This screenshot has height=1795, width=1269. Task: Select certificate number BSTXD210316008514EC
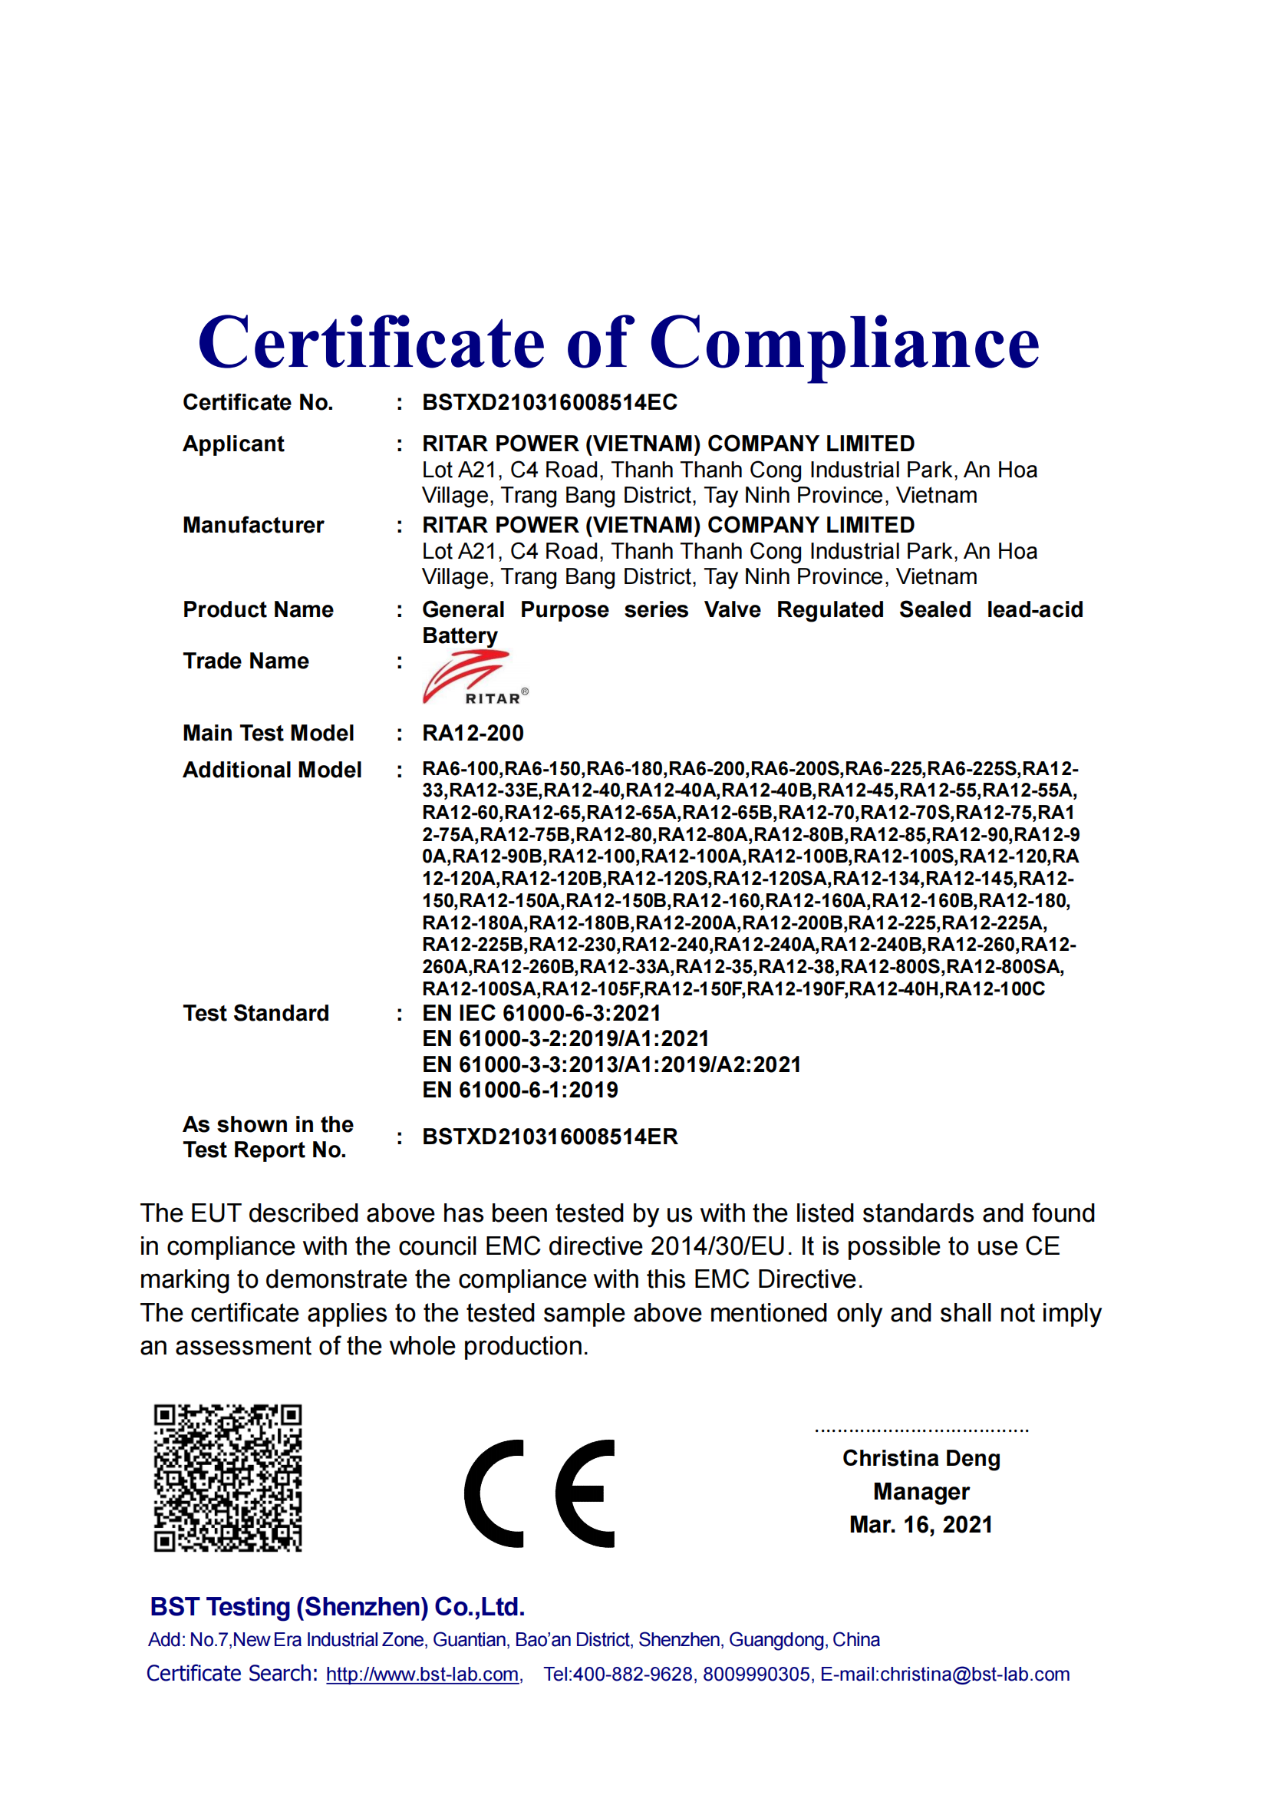[549, 403]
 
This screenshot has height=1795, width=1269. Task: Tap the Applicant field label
[233, 444]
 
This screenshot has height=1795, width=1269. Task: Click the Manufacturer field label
[253, 526]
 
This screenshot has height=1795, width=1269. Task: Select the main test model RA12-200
[473, 734]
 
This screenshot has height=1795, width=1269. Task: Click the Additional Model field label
[272, 770]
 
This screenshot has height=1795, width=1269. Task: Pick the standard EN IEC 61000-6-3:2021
[542, 1013]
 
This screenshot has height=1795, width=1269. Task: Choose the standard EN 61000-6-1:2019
[519, 1090]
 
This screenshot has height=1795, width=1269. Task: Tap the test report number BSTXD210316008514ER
[549, 1137]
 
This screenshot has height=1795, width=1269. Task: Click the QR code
[227, 1477]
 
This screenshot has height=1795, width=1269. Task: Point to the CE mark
[539, 1493]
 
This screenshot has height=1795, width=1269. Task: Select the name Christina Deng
[921, 1458]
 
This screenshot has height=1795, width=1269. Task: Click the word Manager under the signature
[921, 1492]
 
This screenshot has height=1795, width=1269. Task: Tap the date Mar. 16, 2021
[921, 1525]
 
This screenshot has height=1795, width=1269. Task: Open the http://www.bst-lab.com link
[423, 1675]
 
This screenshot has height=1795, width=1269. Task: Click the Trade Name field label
[246, 662]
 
